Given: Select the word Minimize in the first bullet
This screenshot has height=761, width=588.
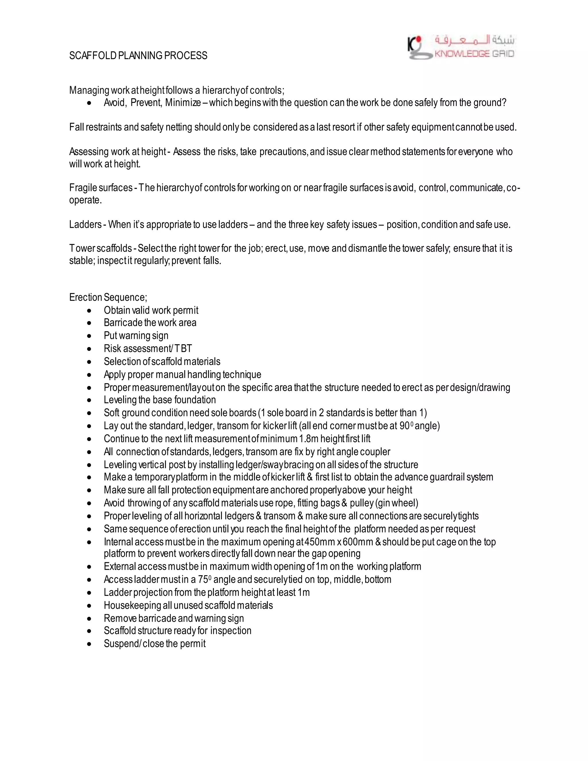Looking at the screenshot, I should (x=183, y=103).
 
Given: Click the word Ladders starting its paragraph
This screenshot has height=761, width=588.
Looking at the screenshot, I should (x=85, y=224).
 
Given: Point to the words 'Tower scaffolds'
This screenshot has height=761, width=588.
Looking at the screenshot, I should (x=100, y=248).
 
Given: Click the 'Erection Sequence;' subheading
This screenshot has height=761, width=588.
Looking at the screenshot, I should (x=108, y=297).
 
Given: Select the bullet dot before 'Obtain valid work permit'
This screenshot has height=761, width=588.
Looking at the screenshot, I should (x=90, y=310).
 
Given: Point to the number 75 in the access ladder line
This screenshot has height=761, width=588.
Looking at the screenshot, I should (x=203, y=580).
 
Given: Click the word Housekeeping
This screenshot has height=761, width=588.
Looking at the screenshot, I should (x=132, y=605).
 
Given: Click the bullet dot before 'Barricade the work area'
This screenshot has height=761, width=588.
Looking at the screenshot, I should (x=90, y=323).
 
